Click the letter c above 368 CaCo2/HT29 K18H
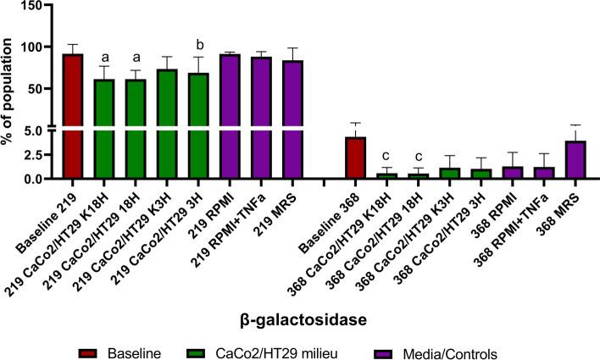(387, 156)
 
